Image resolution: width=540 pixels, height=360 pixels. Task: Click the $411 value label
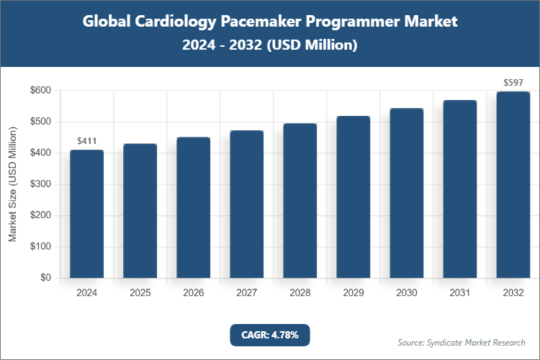point(86,141)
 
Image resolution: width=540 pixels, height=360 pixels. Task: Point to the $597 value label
point(513,83)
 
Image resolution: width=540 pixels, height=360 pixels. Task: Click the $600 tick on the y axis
point(40,91)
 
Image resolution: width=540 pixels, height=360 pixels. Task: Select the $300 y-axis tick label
point(40,184)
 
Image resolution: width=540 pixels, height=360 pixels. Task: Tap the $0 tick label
point(45,278)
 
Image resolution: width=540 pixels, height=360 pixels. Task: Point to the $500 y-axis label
point(40,122)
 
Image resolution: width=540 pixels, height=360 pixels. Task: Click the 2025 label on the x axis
point(140,293)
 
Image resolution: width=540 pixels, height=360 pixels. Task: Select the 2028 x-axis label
point(300,293)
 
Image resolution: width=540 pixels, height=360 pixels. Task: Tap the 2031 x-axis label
point(459,293)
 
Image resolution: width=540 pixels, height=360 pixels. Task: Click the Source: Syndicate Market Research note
point(462,342)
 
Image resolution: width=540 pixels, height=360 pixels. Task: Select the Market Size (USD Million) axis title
point(13,184)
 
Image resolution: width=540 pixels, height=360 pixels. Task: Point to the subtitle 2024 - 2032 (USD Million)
point(269,45)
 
